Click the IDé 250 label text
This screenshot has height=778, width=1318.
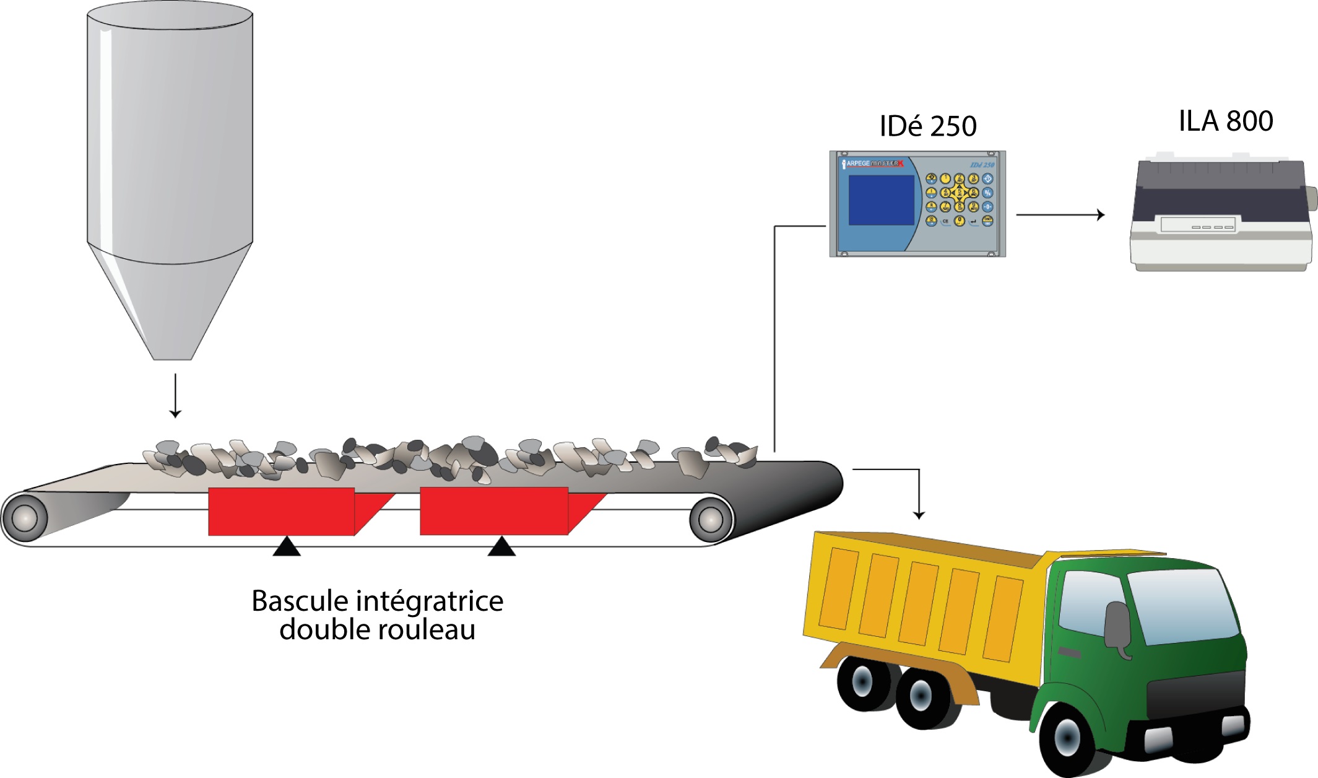tap(927, 126)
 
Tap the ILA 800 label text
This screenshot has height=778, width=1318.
tap(1225, 121)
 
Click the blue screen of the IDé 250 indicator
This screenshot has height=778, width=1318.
tap(880, 200)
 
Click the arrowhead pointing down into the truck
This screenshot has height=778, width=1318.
tap(919, 514)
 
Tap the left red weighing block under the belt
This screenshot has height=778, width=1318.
tap(282, 511)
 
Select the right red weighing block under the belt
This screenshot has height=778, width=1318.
tap(494, 511)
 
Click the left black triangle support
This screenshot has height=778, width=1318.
tap(287, 548)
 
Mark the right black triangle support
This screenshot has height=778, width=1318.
tap(501, 548)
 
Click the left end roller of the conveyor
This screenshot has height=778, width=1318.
tap(25, 517)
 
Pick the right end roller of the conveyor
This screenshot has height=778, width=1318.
tap(711, 518)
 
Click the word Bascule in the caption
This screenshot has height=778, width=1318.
tap(300, 601)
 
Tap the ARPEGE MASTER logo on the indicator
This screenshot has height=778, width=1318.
tap(874, 164)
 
